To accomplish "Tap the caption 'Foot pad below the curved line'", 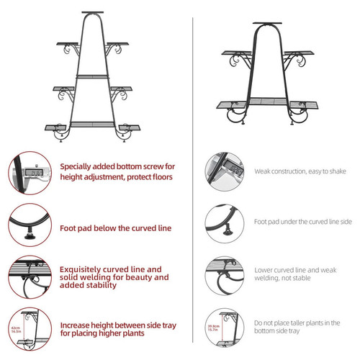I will point(115,228).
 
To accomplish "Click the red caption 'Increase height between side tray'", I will point(117,329).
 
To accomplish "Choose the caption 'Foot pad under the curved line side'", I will point(302,222).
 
